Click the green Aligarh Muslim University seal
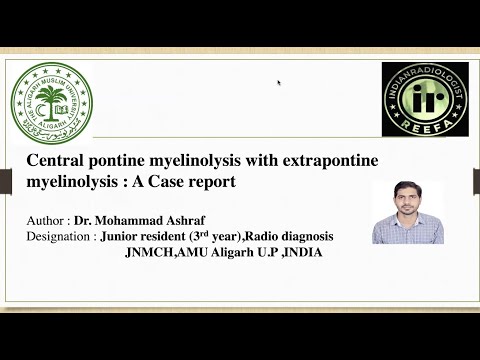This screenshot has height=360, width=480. [51, 103]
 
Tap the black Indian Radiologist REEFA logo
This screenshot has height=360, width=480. [424, 100]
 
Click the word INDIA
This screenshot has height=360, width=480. [300, 252]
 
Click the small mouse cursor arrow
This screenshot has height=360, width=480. [279, 83]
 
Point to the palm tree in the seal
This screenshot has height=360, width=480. [51, 98]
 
